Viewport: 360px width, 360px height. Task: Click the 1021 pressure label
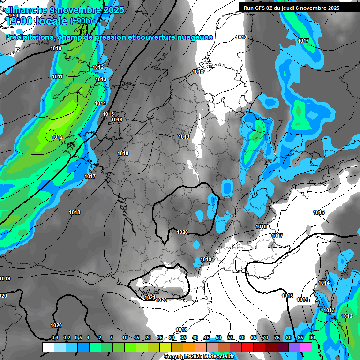pos(150,297)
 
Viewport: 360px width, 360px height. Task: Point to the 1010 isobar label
pos(56,48)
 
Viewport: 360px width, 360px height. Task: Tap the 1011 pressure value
pos(57,76)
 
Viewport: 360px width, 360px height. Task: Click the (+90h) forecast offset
pos(81,21)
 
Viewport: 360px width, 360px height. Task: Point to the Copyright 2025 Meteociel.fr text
pos(199,356)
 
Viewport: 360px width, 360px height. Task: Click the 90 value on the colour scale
pos(312,337)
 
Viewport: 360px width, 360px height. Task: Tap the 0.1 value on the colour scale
pos(55,337)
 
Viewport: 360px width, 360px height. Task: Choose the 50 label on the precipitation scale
pos(218,337)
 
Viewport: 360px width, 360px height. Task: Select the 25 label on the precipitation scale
pos(160,337)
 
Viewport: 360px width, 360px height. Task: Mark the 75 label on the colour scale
pos(277,337)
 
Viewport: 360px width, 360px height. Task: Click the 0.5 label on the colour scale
pos(78,337)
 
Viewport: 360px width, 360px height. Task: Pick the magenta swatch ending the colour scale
pos(306,347)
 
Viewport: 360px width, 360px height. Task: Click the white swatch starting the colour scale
pos(48,347)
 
